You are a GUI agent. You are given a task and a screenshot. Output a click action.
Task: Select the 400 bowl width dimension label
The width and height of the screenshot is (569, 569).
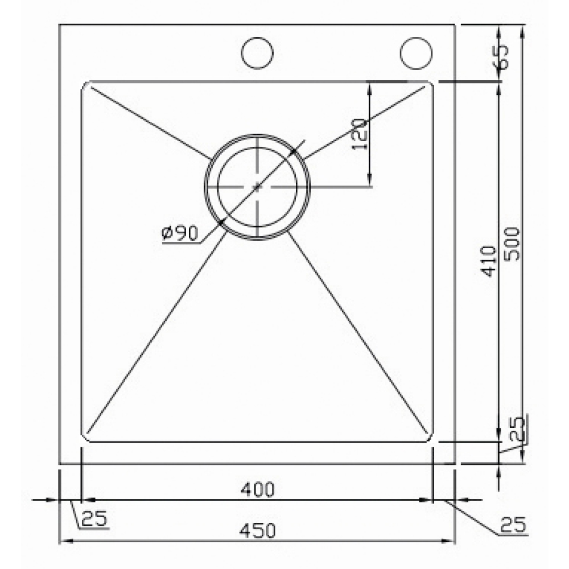tap(257, 489)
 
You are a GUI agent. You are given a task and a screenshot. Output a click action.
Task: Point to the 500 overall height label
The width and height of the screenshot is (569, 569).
tap(513, 244)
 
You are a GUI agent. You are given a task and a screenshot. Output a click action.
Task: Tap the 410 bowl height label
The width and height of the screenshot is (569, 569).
tap(489, 261)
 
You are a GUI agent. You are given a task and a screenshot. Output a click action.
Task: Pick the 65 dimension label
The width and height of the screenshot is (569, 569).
tap(502, 57)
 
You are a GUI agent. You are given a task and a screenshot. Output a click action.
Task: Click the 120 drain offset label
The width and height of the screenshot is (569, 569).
tap(359, 134)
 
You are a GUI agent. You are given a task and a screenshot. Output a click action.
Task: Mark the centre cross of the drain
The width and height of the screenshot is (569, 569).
tap(257, 185)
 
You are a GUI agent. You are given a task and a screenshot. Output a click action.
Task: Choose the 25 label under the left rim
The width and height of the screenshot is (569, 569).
tap(94, 518)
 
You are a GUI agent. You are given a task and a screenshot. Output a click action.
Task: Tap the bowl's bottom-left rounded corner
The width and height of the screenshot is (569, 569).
tap(85, 438)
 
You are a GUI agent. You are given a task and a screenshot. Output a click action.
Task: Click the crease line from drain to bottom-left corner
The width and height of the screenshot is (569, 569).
tap(154, 330)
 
